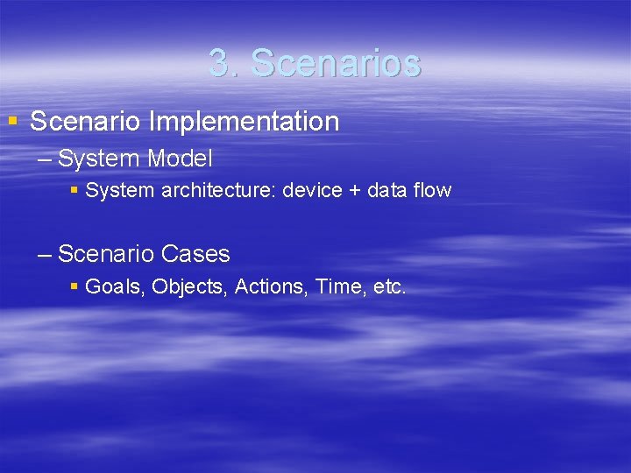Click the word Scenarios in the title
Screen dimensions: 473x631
point(336,63)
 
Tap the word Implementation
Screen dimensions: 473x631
point(244,122)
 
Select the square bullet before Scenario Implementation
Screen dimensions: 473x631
point(12,120)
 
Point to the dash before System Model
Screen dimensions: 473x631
point(46,160)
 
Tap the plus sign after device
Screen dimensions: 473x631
point(353,191)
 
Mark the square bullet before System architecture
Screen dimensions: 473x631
point(74,190)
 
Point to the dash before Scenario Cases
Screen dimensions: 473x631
point(46,256)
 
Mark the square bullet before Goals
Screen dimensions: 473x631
point(74,286)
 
